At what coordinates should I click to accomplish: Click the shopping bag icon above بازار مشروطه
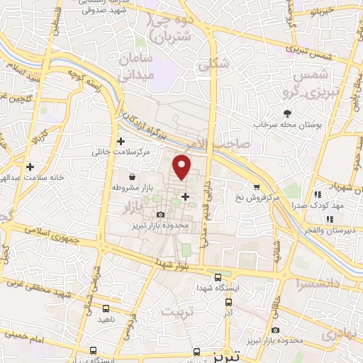(x=132, y=177)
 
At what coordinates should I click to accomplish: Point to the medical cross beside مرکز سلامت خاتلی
(x=121, y=141)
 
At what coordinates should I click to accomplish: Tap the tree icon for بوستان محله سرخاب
(x=287, y=113)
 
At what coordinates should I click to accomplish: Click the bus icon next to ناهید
(x=106, y=308)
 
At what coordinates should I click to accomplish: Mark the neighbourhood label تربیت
(x=177, y=312)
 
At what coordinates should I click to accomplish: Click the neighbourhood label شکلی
(x=214, y=64)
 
